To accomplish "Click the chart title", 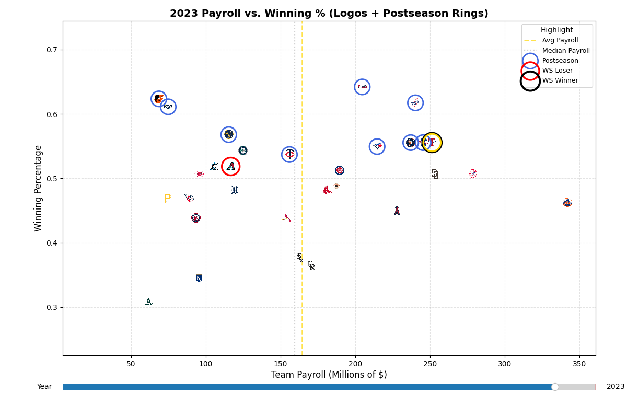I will [329, 14].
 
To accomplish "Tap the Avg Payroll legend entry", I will [560, 40].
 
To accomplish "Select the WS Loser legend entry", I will [557, 71].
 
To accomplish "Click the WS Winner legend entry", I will [560, 80].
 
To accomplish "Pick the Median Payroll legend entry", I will [565, 51].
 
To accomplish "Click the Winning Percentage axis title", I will [38, 188].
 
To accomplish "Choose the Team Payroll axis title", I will [329, 375].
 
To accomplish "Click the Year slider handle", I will [555, 387].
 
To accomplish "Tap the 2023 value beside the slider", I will [615, 387].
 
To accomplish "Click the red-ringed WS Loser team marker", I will [230, 166].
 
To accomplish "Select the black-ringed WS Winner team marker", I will [432, 143].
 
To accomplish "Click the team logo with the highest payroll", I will [567, 202].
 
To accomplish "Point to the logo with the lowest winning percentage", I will [148, 301].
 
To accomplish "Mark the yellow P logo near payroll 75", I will [167, 198].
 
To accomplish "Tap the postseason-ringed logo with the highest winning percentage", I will [362, 87].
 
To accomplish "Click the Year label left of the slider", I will [44, 387].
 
